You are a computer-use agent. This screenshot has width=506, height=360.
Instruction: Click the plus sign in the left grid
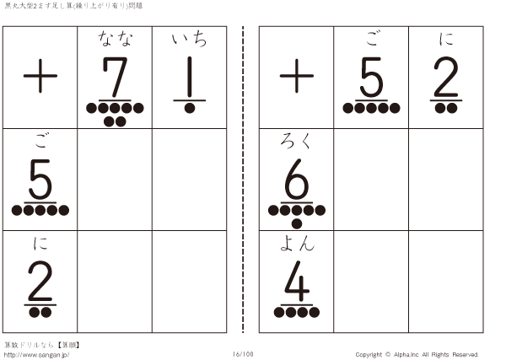(x=40, y=76)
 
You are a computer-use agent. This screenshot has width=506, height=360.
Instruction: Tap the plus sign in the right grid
(x=297, y=76)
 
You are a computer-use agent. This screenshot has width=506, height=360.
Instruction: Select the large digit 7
(x=116, y=77)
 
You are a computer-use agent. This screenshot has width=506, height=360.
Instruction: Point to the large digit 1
(x=190, y=77)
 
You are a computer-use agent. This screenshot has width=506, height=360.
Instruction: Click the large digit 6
(x=297, y=179)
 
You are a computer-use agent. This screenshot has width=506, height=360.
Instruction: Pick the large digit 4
(x=297, y=281)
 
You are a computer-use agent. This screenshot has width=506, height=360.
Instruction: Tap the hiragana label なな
(x=116, y=39)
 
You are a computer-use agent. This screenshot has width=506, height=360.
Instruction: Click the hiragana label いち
(x=190, y=39)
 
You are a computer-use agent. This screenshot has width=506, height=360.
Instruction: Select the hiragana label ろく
(x=296, y=141)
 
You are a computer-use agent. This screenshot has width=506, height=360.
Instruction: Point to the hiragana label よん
(x=297, y=243)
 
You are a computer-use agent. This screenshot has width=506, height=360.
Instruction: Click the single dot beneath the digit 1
(x=190, y=108)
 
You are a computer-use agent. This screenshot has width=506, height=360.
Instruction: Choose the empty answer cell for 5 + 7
(x=115, y=180)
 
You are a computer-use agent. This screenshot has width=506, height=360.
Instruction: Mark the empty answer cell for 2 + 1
(x=190, y=282)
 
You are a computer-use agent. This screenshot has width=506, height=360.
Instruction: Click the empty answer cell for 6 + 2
(x=445, y=180)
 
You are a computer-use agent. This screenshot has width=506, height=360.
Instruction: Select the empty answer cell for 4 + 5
(x=371, y=282)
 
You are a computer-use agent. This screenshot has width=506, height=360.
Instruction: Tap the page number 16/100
(x=243, y=354)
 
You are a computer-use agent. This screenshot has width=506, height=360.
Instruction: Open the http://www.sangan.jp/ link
(x=36, y=355)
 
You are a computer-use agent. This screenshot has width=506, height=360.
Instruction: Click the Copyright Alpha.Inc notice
(x=417, y=354)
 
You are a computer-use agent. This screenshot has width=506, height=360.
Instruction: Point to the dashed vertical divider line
(x=243, y=180)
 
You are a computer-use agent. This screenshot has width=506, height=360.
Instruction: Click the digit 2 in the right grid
(x=446, y=77)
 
